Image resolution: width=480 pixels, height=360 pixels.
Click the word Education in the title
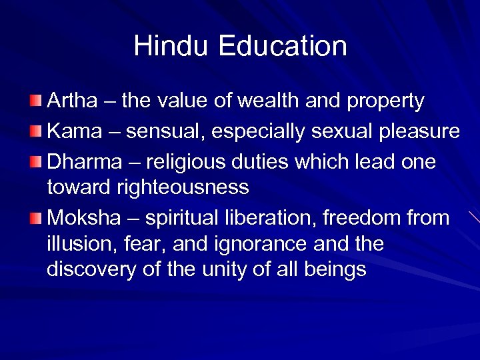pos(282,47)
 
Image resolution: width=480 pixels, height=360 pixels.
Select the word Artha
pos(71,101)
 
